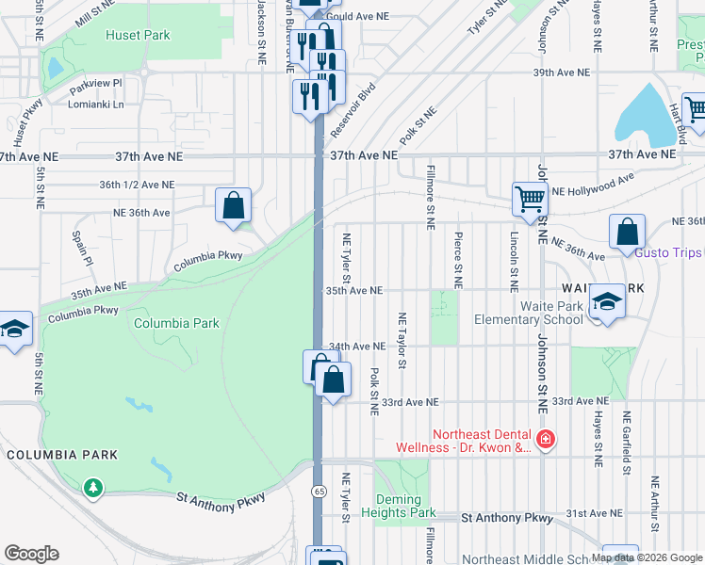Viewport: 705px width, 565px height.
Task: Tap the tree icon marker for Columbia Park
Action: coord(92,487)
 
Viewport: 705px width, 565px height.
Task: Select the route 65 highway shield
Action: coord(320,492)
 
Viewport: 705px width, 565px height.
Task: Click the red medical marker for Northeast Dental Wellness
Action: coord(545,439)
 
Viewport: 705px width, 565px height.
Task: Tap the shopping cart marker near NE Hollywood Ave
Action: coord(530,200)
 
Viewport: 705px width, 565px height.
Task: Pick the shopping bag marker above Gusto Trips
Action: coord(627,232)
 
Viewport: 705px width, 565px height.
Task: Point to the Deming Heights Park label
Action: coord(404,506)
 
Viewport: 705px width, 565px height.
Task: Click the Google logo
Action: coord(31,554)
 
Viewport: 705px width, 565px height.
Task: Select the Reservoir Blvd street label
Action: coord(352,111)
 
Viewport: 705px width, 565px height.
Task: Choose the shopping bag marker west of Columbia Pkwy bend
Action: coord(234,204)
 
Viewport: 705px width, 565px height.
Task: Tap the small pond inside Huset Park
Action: coord(55,68)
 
